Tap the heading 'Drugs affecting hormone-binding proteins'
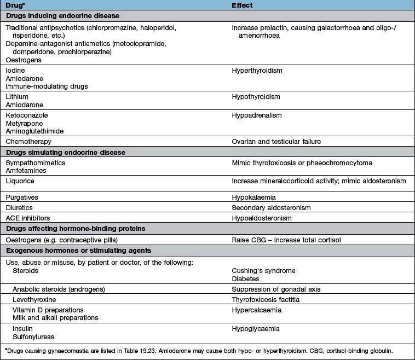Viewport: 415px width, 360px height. pos(75,229)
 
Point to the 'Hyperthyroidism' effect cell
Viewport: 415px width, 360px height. pos(257,71)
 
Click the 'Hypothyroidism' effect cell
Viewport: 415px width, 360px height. pos(256,97)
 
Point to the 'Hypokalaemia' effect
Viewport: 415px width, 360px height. pos(252,196)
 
